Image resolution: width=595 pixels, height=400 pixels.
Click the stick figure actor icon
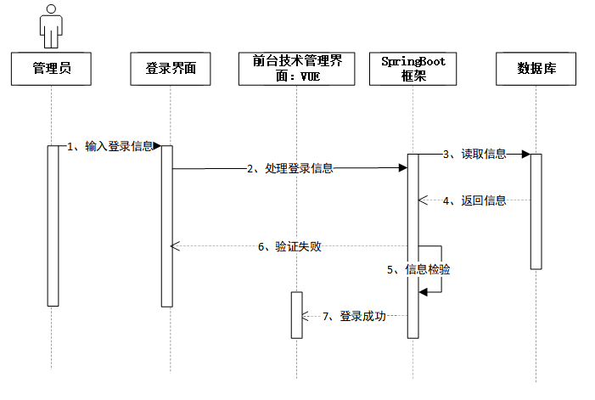[x=52, y=28]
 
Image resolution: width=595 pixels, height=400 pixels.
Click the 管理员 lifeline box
[x=51, y=69]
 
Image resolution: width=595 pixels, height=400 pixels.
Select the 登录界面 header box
[x=170, y=69]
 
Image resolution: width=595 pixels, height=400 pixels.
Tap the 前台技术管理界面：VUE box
[x=296, y=69]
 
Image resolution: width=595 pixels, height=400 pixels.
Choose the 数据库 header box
[x=536, y=69]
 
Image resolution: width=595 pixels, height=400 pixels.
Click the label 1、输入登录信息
[x=110, y=146]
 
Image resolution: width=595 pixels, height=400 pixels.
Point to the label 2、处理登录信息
[x=290, y=169]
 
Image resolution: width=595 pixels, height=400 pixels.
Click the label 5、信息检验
[x=418, y=270]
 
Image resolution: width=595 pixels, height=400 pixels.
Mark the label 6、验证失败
[x=289, y=247]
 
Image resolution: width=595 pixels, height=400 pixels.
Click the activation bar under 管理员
[x=53, y=225]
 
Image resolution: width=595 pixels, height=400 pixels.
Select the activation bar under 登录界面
[x=166, y=225]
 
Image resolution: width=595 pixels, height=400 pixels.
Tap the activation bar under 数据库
[x=536, y=211]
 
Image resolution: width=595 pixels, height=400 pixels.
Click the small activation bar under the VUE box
[x=296, y=314]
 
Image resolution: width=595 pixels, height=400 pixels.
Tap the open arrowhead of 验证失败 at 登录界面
[x=175, y=246]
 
